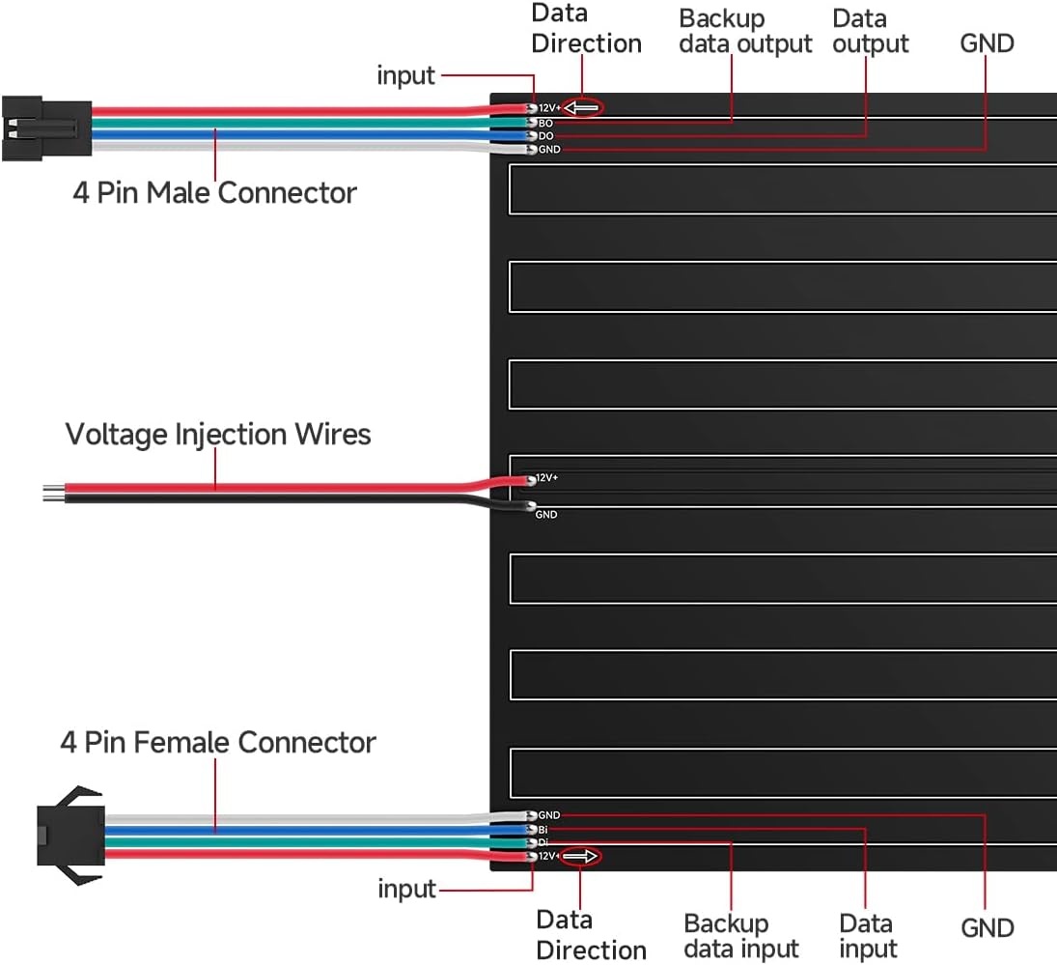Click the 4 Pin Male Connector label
tap(214, 192)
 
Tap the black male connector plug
tap(46, 129)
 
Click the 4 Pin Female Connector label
tap(217, 742)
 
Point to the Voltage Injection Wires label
tap(218, 434)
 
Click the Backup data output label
tap(745, 31)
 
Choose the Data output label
tap(870, 31)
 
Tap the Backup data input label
tap(741, 936)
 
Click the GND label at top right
tap(987, 43)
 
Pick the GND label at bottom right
tap(987, 927)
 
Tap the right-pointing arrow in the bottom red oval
tap(580, 856)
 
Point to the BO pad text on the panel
tap(546, 124)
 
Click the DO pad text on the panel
tap(546, 136)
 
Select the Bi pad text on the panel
tap(543, 829)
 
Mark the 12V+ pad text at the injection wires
tap(546, 478)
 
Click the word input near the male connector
tap(406, 75)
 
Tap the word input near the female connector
tap(407, 889)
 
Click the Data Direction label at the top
tap(586, 29)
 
